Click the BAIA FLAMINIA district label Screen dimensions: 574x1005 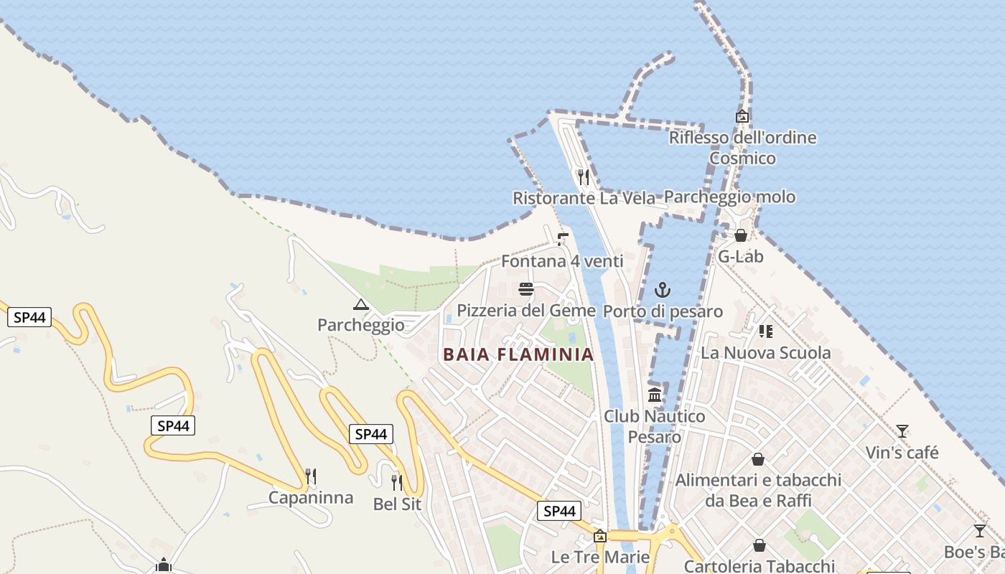(x=518, y=354)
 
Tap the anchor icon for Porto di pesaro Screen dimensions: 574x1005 (x=663, y=290)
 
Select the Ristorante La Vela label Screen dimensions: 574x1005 (x=584, y=198)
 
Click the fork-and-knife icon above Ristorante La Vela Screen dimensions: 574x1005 (x=584, y=177)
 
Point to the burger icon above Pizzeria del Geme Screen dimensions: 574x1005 (x=526, y=290)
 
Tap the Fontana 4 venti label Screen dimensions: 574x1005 (x=562, y=261)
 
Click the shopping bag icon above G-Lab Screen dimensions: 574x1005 (x=741, y=235)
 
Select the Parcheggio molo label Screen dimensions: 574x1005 (x=729, y=197)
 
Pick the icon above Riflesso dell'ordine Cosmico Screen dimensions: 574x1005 (x=742, y=116)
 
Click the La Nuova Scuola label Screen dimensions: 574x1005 (x=765, y=353)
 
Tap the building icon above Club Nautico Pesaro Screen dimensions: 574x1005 (x=655, y=395)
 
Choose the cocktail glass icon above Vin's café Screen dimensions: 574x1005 (x=902, y=431)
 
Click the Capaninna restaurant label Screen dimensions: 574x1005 (x=311, y=497)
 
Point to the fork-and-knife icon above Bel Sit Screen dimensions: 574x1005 (x=397, y=482)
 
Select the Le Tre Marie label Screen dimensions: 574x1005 (x=600, y=557)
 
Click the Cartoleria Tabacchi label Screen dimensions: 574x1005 (x=759, y=566)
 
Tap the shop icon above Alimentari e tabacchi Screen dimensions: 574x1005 (x=758, y=459)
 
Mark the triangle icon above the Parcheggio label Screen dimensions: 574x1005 (x=361, y=304)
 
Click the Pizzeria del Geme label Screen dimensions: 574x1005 (x=526, y=311)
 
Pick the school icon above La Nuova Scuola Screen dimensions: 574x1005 (x=766, y=331)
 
